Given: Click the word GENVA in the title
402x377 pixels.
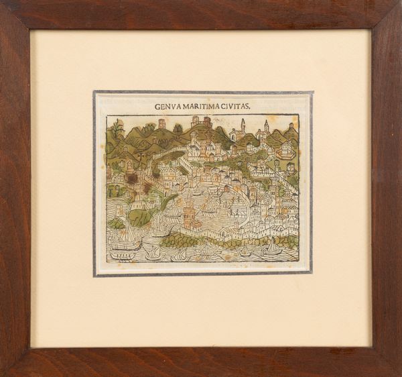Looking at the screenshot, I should click(x=167, y=106).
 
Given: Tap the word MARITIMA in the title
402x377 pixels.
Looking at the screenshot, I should click(x=206, y=106).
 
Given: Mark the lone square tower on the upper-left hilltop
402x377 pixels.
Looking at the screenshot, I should click(x=161, y=124).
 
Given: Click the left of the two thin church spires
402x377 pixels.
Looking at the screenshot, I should click(x=243, y=125).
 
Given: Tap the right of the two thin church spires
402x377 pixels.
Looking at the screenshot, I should click(x=266, y=126).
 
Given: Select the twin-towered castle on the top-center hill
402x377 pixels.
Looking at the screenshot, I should click(x=201, y=123).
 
